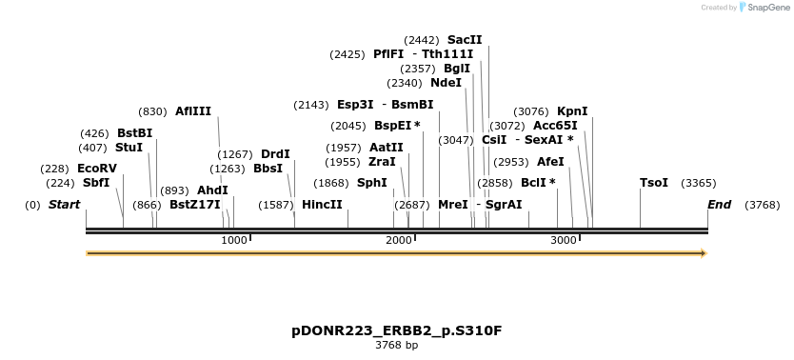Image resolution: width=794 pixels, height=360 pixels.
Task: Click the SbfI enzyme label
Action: point(96,183)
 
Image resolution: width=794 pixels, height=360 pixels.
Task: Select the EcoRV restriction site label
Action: point(97,169)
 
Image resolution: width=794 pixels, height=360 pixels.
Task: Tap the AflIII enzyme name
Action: point(193,111)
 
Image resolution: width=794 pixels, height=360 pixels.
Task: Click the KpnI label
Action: point(572,111)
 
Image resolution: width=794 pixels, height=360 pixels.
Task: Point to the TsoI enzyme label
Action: point(654,183)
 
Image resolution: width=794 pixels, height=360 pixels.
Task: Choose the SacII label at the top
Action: point(465,40)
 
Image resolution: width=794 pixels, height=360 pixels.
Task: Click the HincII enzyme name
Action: point(322,205)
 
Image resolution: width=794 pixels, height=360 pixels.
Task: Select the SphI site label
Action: point(372,183)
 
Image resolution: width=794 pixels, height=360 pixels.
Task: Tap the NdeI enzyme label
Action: point(446,83)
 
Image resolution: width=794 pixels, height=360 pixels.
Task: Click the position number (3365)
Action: point(699,183)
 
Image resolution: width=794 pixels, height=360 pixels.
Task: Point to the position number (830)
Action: point(152,111)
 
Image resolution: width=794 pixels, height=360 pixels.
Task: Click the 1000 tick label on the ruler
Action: point(234,241)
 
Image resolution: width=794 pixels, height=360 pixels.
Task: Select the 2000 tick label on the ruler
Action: point(399,241)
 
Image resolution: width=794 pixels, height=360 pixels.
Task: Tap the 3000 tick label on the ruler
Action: point(564,241)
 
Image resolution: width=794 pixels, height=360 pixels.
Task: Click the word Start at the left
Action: point(64,205)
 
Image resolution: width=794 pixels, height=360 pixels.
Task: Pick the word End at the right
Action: point(720,205)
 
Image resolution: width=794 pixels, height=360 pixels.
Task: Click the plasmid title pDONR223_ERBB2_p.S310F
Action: point(396,330)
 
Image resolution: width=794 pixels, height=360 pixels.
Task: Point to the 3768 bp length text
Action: point(396,346)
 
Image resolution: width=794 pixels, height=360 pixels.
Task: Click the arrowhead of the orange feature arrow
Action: point(704,253)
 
